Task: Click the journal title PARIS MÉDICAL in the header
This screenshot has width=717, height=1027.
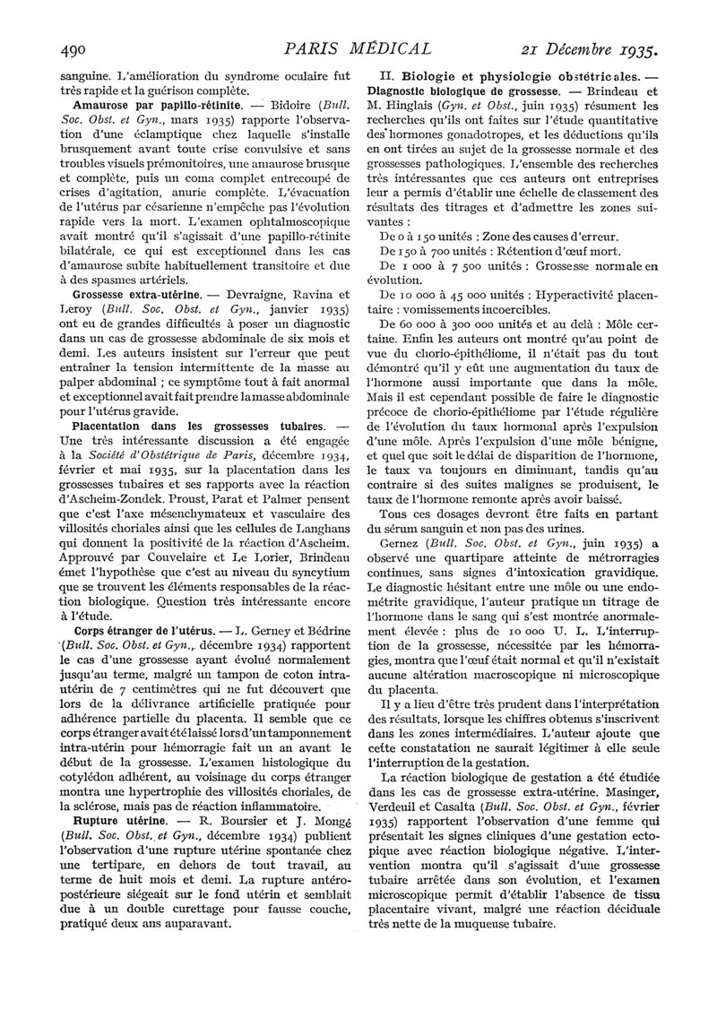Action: [x=357, y=47]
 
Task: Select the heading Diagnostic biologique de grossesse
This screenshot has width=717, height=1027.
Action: [x=459, y=92]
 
